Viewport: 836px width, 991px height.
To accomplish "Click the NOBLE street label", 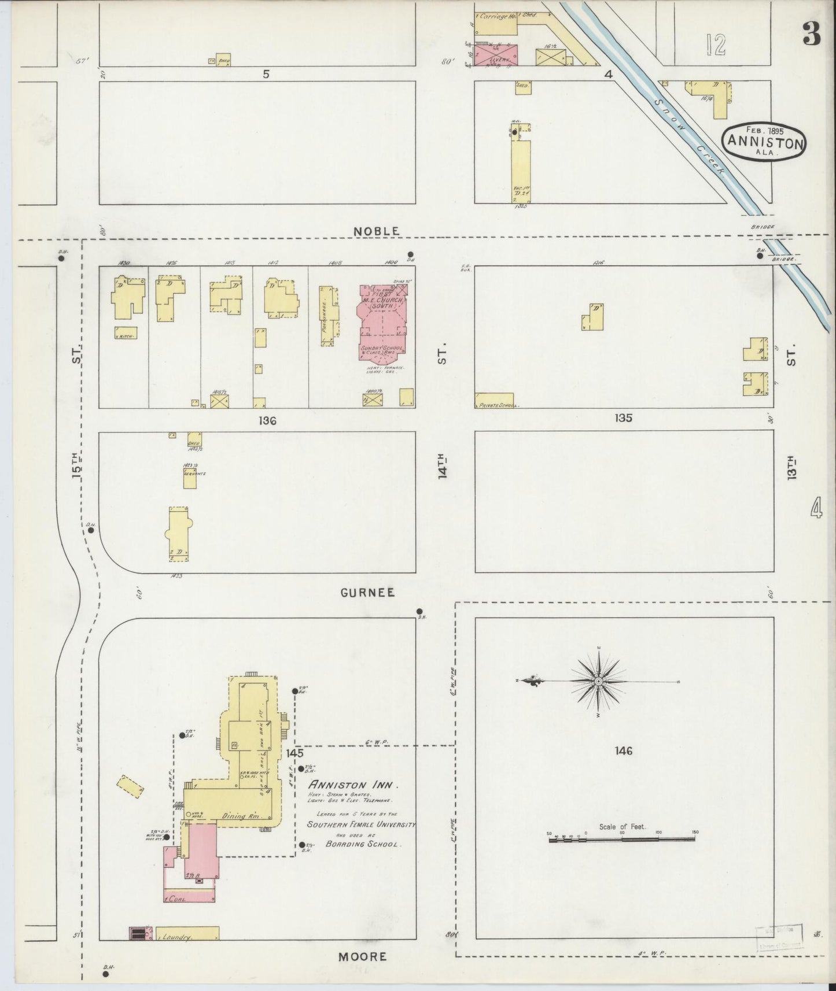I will point(376,231).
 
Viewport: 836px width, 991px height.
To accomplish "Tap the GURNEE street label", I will point(367,593).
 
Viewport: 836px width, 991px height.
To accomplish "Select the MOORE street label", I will point(363,956).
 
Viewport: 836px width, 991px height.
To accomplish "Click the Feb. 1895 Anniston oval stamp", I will point(764,139).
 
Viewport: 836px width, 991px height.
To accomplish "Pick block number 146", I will point(624,751).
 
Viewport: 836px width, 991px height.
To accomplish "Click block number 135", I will point(624,418).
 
